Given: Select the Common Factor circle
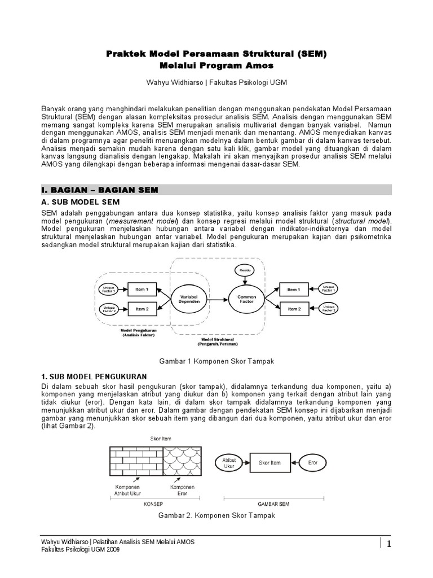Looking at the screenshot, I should point(246,299).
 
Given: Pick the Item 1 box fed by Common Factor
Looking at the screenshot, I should point(293,290).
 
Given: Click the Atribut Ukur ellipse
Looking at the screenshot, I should point(229,463).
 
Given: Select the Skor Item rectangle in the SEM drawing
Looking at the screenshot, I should point(269,463).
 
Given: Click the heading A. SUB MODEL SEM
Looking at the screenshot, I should point(81,202).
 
